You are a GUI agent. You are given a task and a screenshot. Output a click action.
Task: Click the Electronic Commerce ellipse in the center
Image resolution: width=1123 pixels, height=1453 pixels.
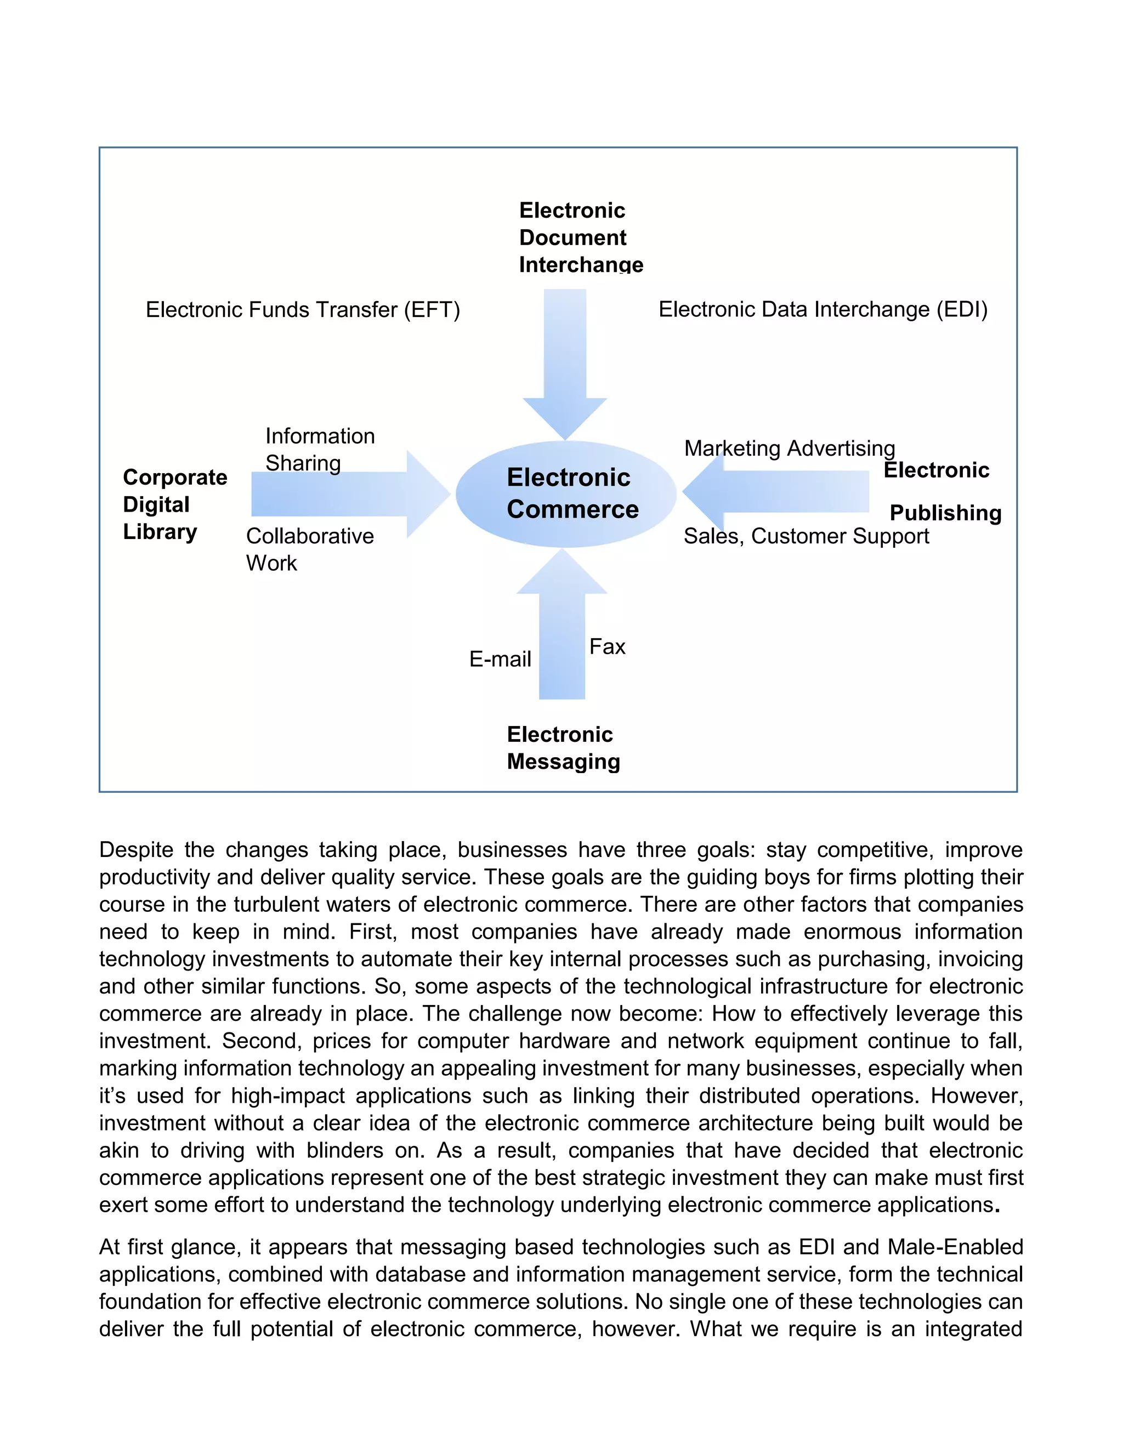coord(565,493)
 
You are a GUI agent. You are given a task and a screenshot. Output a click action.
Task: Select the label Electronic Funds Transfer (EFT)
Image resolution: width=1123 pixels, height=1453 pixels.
coord(303,309)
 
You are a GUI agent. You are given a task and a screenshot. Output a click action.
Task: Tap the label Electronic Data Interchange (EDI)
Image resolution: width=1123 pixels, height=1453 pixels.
coord(823,309)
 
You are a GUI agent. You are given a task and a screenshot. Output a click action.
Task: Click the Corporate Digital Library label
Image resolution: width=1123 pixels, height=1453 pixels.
coord(174,504)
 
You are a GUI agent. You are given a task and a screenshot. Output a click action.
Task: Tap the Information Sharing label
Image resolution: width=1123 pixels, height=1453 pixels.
coord(319,449)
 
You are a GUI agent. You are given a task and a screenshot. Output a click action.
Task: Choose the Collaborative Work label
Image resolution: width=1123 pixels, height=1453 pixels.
coord(309,549)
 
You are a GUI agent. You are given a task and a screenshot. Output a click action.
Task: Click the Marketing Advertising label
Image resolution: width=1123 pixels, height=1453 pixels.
coord(789,449)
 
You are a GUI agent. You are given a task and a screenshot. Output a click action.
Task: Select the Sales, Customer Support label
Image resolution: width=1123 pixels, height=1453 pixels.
coord(806,536)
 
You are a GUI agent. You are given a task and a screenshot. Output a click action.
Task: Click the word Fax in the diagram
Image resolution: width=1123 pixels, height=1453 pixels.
coord(607,646)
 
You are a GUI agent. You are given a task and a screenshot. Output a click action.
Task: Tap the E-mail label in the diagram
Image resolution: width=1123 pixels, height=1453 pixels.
coord(500,659)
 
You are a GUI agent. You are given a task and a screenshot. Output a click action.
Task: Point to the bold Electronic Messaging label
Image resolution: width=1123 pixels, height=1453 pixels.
coord(563,748)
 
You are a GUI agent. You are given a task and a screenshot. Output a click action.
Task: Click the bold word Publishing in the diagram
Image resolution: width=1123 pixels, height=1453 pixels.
coord(945,513)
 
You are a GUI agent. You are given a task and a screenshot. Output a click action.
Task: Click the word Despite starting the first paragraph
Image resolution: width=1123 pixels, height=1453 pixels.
coord(136,849)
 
